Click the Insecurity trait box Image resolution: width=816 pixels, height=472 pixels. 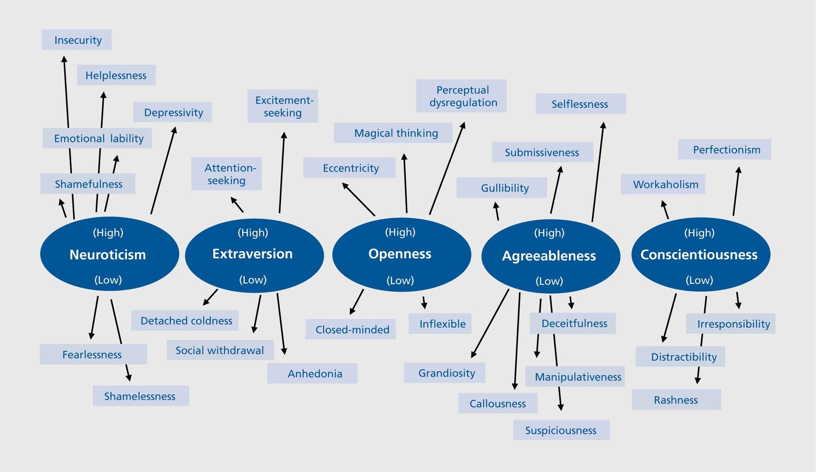click(x=77, y=40)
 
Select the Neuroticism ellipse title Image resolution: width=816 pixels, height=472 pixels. click(x=108, y=255)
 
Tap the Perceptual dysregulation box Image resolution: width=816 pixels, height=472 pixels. click(x=461, y=96)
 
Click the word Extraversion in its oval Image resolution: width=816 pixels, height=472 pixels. click(x=253, y=254)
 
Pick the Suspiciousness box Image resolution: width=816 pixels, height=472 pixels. click(x=561, y=430)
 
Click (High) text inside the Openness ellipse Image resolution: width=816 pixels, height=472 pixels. click(x=400, y=232)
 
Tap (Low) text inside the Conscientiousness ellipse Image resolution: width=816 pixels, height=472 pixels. click(x=699, y=280)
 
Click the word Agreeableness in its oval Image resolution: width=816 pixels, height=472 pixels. click(x=549, y=256)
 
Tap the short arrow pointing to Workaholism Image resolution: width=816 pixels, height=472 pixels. click(x=665, y=210)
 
